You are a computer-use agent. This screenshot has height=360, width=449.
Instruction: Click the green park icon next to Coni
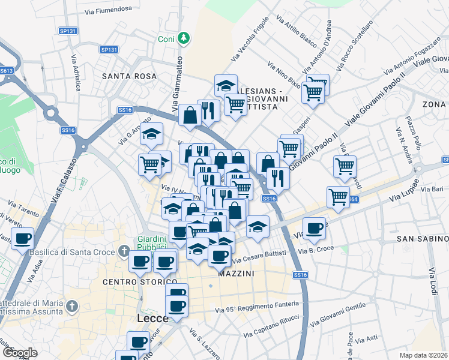point(184,39)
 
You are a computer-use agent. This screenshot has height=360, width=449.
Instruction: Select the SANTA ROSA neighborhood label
point(129,76)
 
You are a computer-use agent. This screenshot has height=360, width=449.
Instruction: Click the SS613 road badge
point(7,70)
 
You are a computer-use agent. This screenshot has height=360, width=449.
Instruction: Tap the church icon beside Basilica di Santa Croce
point(124,250)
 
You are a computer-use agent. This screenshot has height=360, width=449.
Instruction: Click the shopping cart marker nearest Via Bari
point(339,197)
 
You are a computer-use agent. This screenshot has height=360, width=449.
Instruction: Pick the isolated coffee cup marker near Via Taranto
point(23,239)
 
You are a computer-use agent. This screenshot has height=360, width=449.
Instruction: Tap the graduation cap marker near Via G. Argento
point(152,134)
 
